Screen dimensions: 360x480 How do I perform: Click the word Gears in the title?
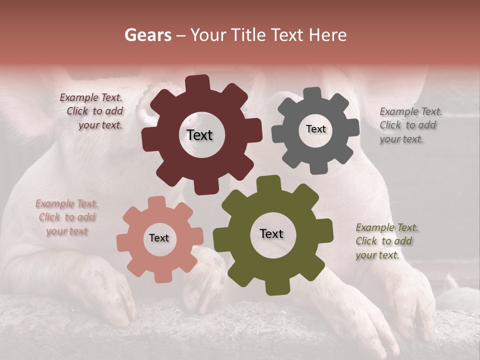point(148,35)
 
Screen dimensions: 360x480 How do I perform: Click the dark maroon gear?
point(165,160)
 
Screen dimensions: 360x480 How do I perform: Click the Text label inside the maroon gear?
point(199,135)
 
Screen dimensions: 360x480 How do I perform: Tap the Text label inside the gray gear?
point(315,129)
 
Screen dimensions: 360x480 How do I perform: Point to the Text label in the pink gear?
point(159,238)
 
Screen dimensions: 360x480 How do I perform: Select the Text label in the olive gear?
point(271,233)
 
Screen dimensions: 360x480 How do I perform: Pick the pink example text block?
point(66,217)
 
